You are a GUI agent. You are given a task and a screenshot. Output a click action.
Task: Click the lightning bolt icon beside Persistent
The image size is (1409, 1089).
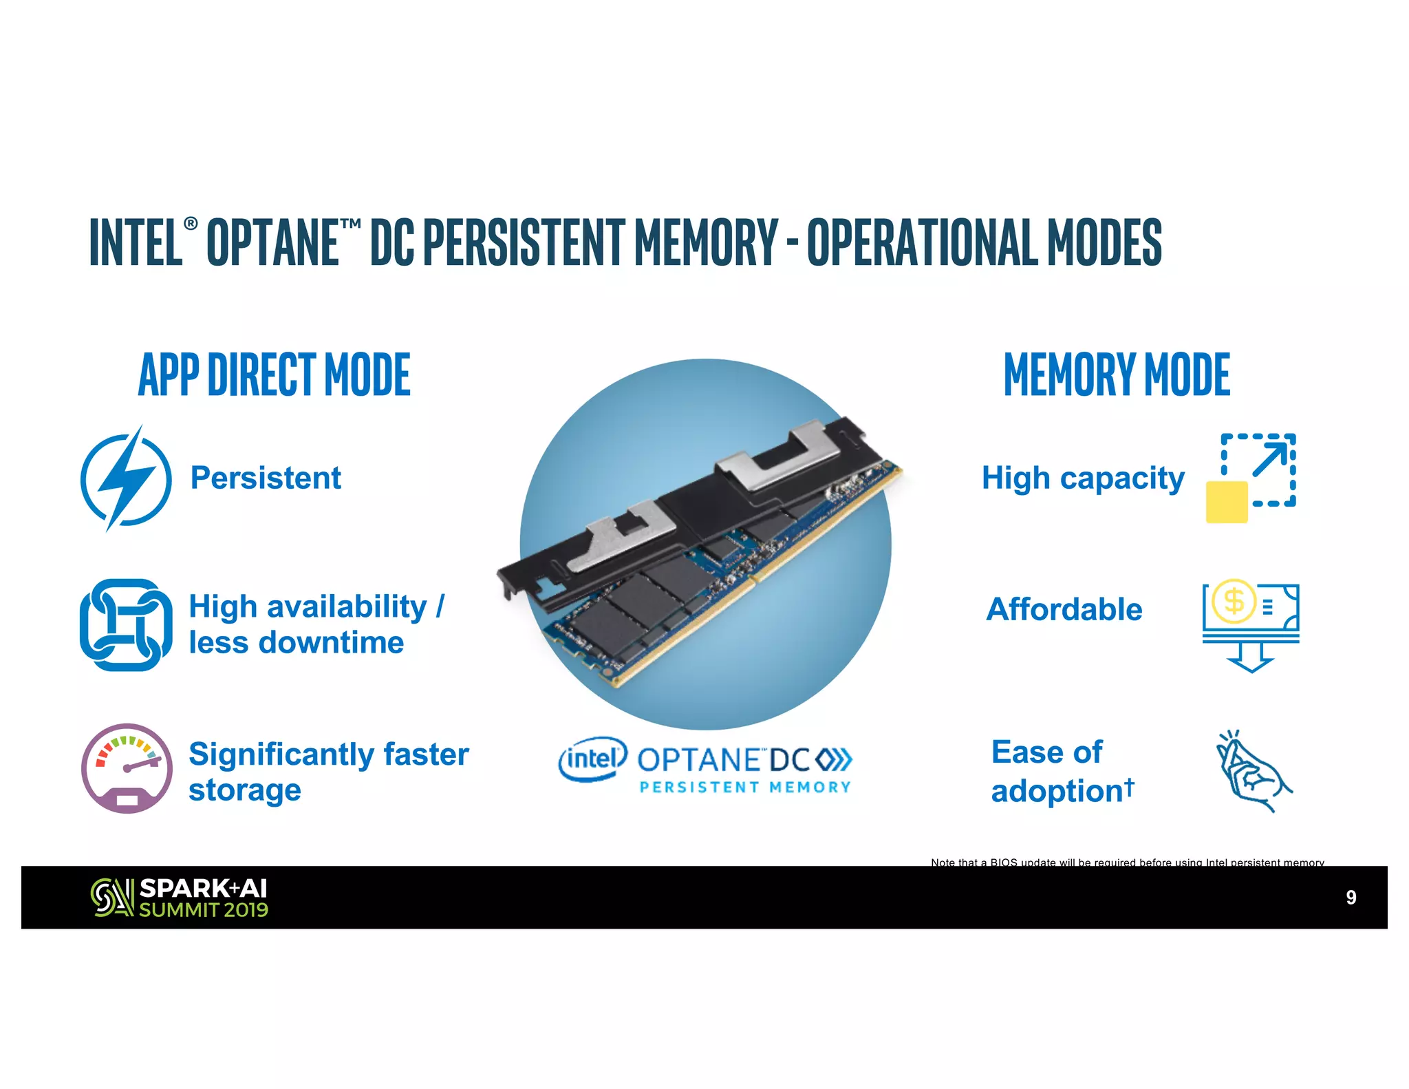point(125,478)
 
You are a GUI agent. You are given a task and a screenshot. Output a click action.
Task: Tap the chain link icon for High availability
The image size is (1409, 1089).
point(125,624)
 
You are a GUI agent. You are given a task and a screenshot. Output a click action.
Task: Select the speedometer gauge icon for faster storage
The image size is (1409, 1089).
point(127,768)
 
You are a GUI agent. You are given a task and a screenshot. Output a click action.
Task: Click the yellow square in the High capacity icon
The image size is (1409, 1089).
point(1227,502)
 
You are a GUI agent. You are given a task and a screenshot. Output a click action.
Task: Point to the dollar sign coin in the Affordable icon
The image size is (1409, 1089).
point(1234,601)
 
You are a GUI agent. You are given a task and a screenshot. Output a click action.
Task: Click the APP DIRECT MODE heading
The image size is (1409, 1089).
point(274,374)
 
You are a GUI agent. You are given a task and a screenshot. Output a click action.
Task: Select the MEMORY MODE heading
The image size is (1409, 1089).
point(1117,374)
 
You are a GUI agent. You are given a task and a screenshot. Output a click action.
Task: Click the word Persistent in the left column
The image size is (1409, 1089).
point(266,478)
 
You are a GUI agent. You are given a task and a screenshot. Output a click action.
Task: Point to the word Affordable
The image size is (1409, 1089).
point(1064,609)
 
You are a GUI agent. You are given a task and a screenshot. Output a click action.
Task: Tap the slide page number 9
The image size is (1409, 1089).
point(1351,897)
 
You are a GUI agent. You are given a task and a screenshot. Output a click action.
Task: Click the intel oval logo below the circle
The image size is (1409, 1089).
point(592,759)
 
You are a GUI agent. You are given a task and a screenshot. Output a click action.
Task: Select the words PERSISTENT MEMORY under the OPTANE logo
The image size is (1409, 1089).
point(745,787)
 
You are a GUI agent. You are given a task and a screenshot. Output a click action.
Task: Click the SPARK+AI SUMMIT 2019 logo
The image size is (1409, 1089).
point(180,898)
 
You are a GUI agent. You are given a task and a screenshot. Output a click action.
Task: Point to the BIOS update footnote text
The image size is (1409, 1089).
point(1127,862)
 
